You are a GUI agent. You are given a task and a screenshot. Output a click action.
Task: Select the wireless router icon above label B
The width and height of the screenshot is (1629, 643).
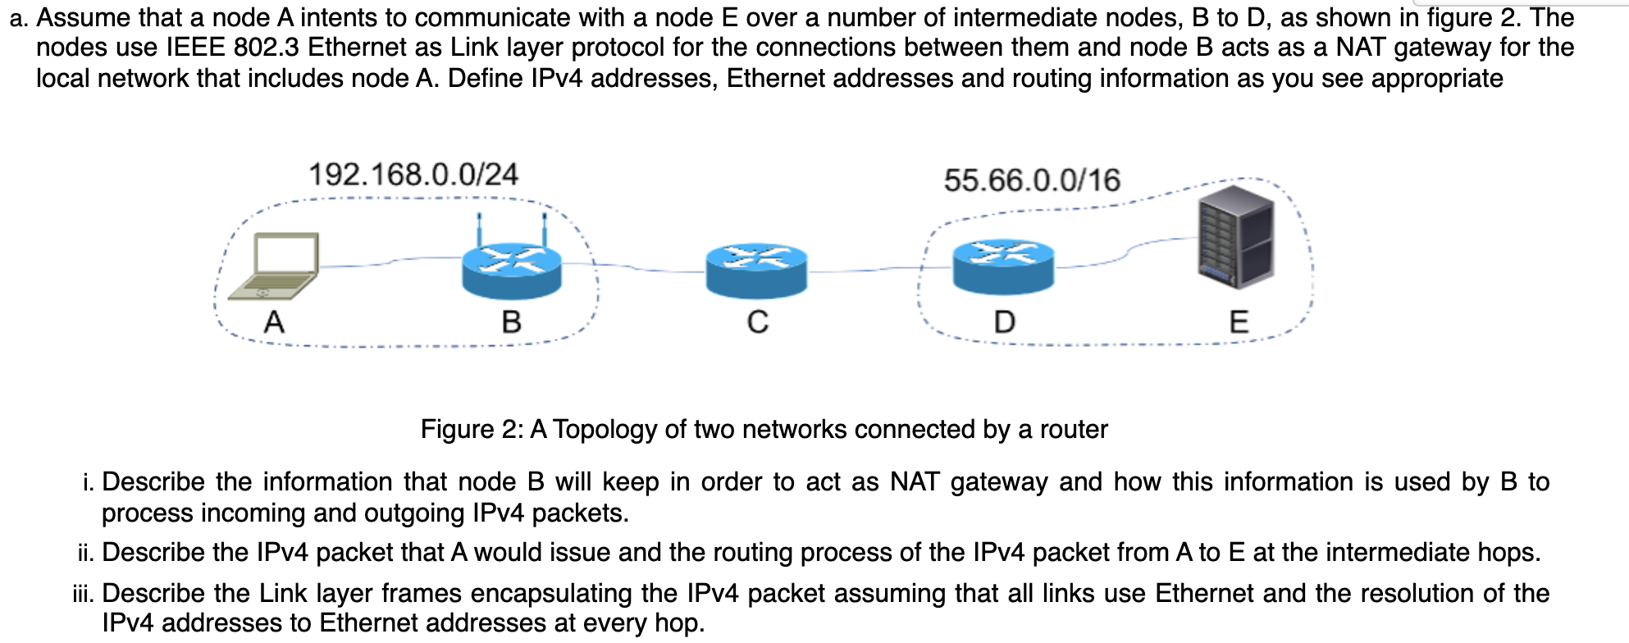click(512, 269)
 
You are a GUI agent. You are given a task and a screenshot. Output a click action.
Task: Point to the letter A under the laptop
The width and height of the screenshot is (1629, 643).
click(274, 321)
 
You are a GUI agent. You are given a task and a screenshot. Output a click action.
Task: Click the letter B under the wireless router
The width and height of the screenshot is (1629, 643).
click(512, 321)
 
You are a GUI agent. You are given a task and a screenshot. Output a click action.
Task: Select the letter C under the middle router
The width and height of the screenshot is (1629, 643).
click(758, 321)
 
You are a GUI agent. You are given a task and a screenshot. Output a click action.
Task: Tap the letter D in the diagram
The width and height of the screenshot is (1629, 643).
click(1004, 321)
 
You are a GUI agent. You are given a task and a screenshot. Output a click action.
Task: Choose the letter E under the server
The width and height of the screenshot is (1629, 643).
click(1239, 321)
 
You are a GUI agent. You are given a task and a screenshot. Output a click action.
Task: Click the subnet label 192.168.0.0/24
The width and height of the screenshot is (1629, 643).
click(413, 175)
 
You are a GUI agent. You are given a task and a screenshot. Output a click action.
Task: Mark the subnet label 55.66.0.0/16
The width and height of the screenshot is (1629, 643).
click(1032, 180)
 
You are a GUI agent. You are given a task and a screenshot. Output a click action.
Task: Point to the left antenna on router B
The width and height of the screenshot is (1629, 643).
click(480, 230)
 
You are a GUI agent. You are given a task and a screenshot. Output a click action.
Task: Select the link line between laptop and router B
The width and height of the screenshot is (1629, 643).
click(390, 262)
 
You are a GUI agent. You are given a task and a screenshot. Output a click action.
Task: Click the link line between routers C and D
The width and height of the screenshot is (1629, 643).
click(878, 268)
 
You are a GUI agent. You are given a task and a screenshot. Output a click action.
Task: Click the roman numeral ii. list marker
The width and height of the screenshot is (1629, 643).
click(86, 553)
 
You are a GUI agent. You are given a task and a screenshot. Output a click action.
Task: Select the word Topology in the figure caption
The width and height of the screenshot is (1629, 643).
click(605, 429)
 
